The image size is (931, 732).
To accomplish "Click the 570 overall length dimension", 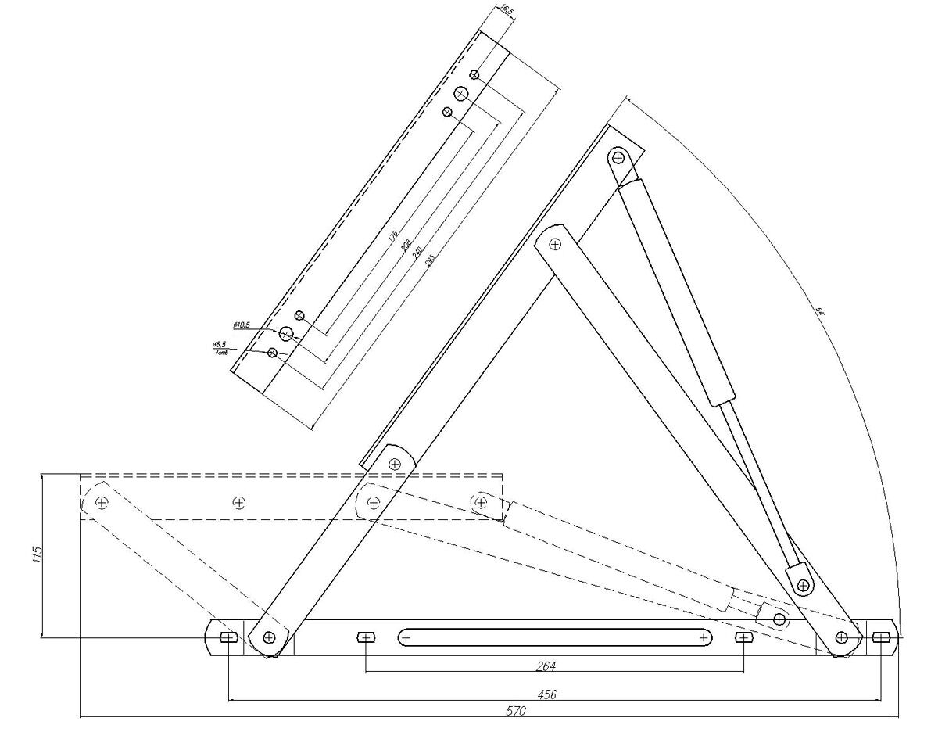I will (515, 712).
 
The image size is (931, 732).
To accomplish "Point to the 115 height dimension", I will (37, 555).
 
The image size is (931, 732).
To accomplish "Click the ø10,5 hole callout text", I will (241, 324).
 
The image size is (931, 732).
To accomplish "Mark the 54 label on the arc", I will (820, 311).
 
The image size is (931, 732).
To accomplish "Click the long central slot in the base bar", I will (555, 637).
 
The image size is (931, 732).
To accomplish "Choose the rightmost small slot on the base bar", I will (881, 637).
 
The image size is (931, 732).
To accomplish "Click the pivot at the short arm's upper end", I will (554, 244).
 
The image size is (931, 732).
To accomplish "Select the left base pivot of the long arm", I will (269, 637).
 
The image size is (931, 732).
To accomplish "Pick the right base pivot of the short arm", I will (842, 637).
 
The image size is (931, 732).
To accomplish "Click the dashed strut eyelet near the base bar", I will (779, 619).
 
